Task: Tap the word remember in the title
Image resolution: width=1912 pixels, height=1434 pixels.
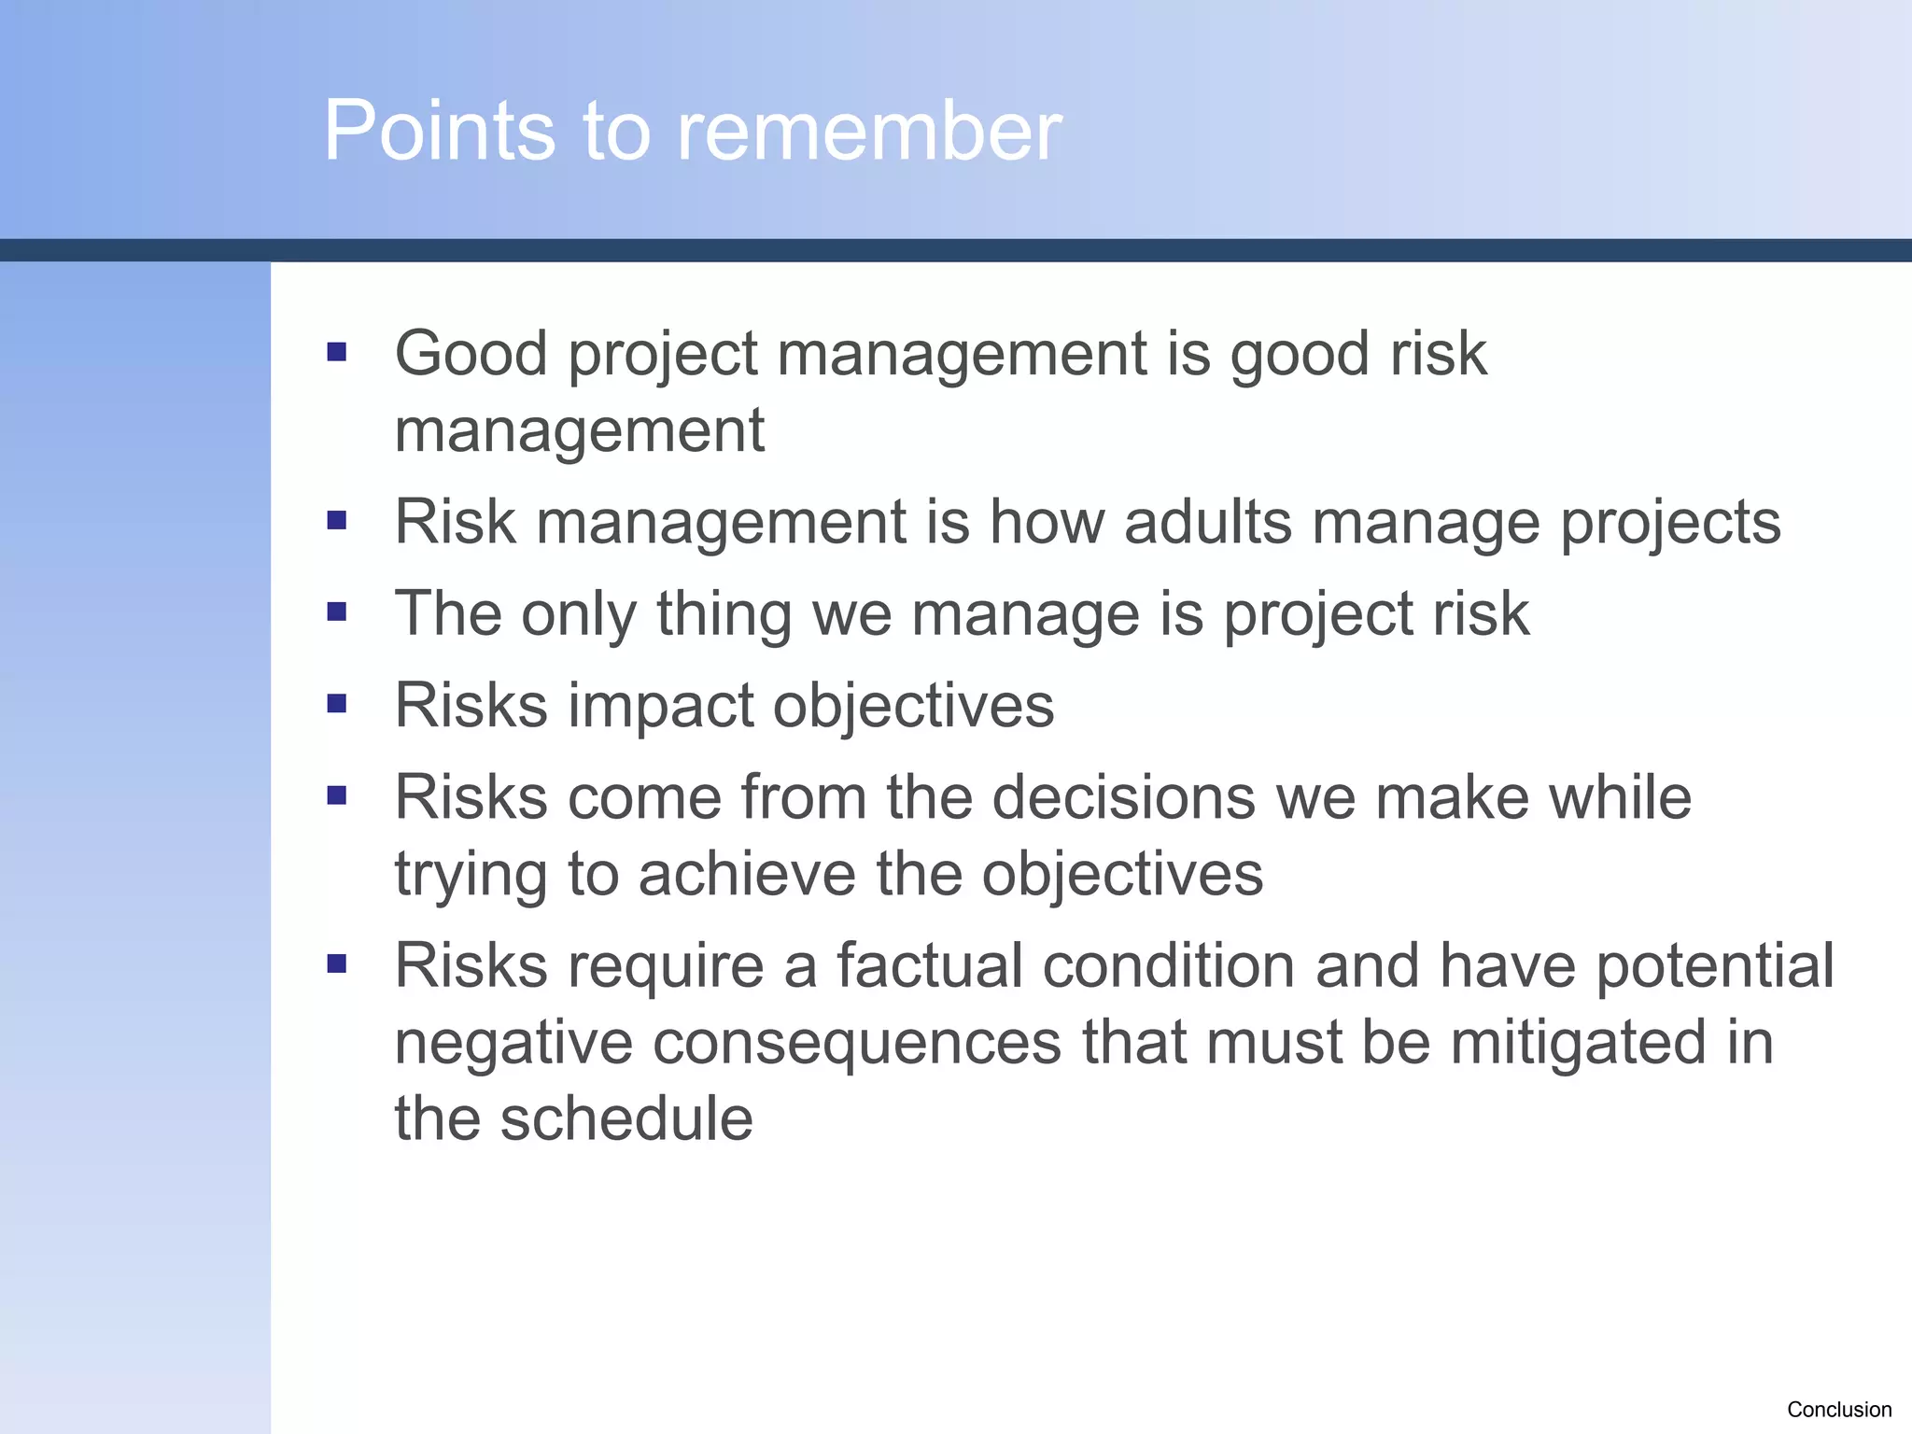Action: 869,131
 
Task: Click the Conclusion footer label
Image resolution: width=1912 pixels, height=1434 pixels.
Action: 1838,1409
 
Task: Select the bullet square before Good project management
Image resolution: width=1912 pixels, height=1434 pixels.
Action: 337,352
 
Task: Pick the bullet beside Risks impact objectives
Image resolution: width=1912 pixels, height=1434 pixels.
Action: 337,703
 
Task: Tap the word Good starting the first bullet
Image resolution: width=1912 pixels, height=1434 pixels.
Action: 471,353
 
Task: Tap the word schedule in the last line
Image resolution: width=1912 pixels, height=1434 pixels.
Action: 626,1118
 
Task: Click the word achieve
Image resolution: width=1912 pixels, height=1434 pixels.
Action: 747,875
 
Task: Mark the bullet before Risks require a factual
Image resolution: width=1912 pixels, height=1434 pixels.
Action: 337,963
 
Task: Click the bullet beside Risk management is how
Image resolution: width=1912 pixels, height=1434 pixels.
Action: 337,520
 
